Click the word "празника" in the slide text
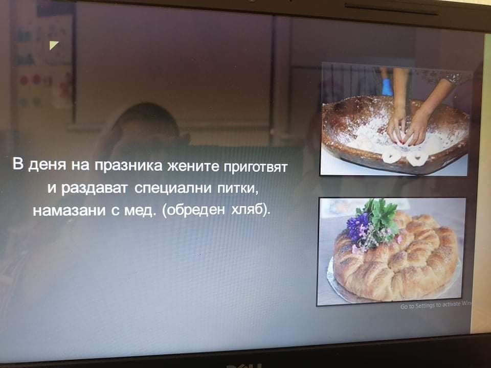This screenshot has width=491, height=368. pos(128,166)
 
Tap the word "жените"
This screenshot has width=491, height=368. pos(193,166)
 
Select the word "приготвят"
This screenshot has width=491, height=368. pos(255,167)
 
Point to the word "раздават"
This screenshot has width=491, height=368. pos(95,189)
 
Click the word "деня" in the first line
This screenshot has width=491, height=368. pos(47,165)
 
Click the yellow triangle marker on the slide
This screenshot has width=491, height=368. pos(53,45)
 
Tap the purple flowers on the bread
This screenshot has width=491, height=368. pos(358,226)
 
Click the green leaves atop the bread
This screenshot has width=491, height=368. pos(381,214)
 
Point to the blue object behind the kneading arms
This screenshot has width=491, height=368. pos(387,87)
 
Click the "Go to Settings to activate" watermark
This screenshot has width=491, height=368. pos(436,306)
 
